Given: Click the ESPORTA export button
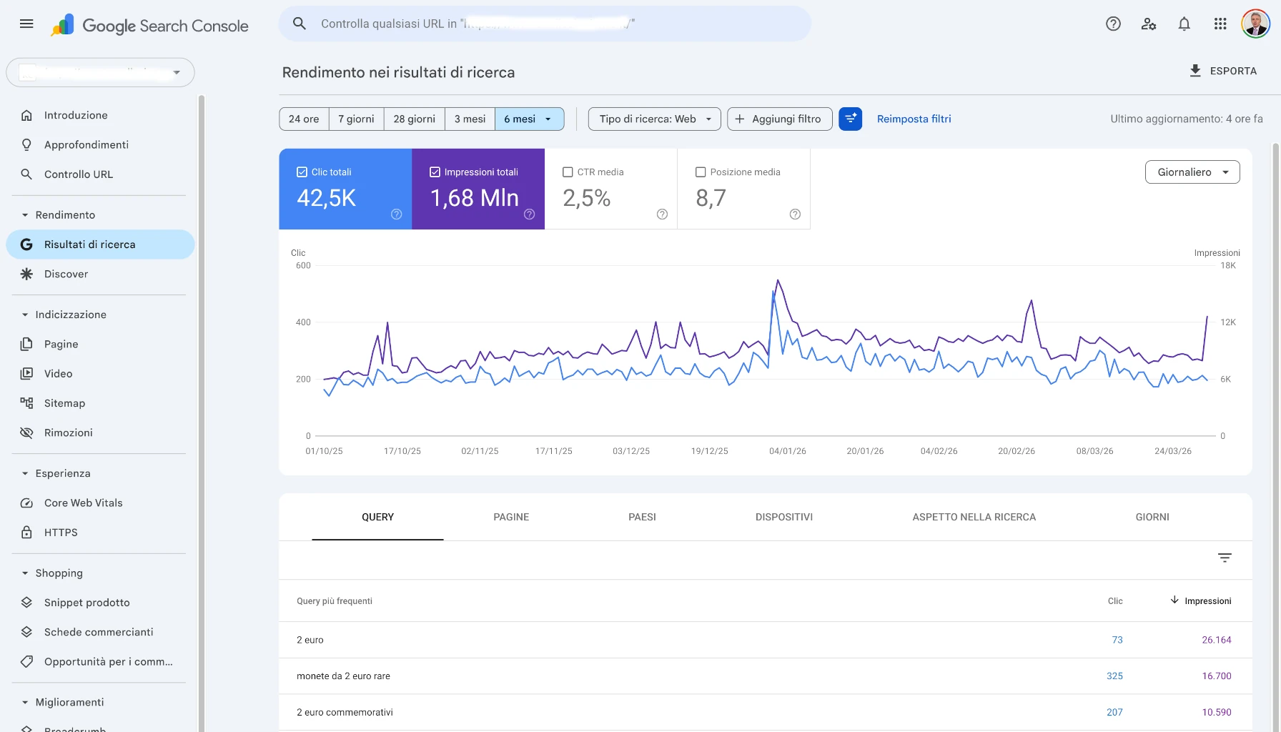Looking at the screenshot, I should point(1222,71).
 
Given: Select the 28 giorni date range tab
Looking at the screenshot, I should point(414,119).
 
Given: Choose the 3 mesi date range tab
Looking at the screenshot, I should point(470,119).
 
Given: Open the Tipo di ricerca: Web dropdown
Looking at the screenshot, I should point(654,119).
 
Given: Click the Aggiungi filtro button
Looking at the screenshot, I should point(779,119).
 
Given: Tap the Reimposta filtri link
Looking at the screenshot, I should point(914,119).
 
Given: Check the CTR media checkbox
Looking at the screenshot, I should point(568,172).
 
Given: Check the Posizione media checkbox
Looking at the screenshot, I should point(701,172).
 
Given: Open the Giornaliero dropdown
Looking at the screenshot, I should point(1192,172).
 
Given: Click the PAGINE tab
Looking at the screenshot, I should point(511,517).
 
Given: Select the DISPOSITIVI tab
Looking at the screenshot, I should point(783,517).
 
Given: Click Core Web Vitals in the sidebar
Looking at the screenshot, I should point(83,503).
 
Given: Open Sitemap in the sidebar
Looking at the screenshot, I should point(64,403).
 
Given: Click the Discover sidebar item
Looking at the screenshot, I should point(66,274).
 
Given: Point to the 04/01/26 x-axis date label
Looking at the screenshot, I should point(787,451).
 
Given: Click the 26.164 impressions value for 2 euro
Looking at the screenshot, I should point(1216,640).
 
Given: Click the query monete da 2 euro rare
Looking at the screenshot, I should point(343,676).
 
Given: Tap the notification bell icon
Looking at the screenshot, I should point(1184,24).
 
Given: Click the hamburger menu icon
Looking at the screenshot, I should point(26,24).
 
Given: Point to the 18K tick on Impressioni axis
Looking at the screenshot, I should point(1227,266).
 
